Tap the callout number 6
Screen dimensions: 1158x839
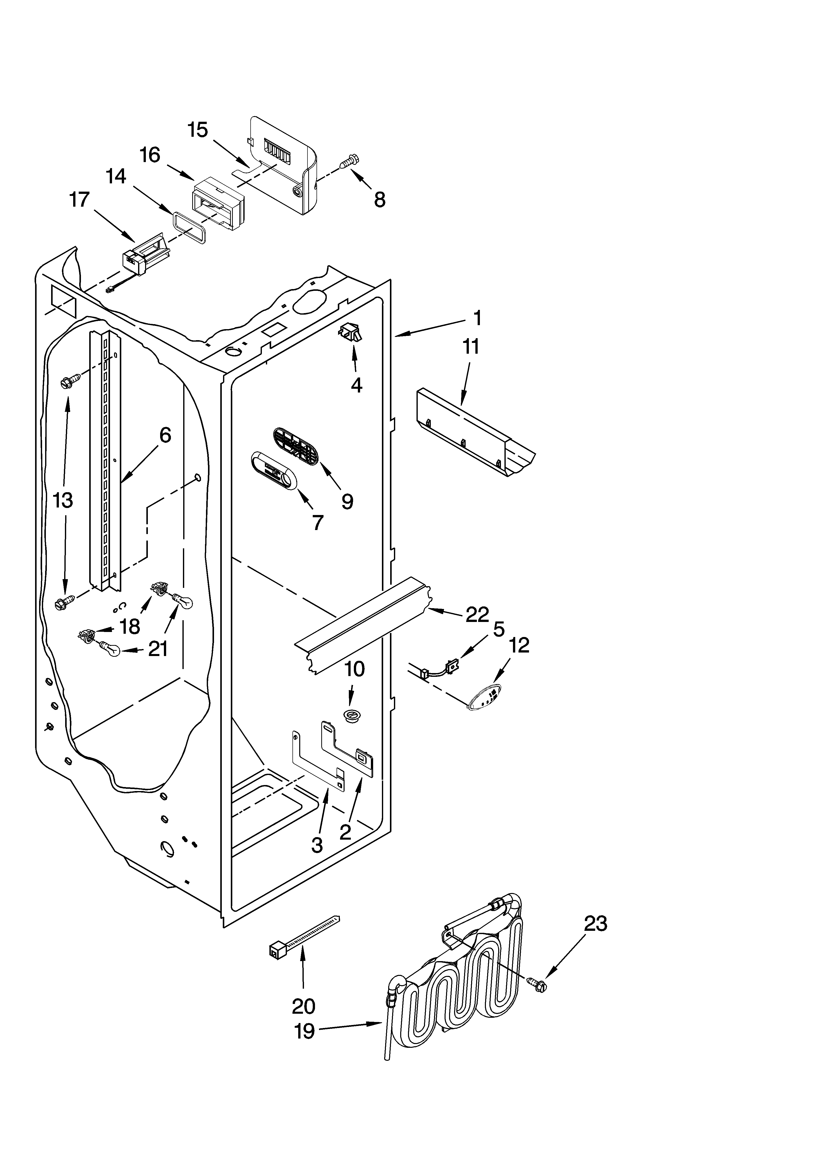(165, 435)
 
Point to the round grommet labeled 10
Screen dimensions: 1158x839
(351, 715)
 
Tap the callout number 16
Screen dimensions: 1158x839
(150, 155)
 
